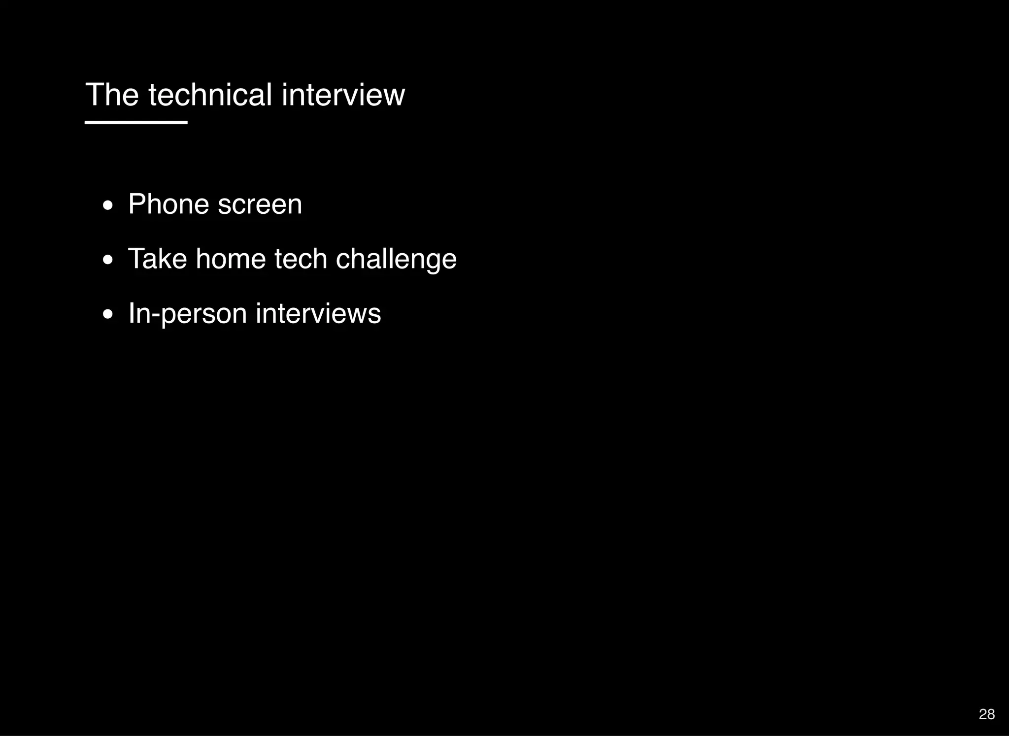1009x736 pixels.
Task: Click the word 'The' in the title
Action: [x=112, y=95]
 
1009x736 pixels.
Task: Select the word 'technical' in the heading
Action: [x=210, y=95]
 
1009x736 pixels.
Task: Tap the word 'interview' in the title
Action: [x=343, y=95]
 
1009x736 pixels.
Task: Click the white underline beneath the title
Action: [x=136, y=122]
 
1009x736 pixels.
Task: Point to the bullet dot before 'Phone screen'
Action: [x=108, y=205]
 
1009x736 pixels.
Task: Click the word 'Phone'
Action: [x=168, y=204]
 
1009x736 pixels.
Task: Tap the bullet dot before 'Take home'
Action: [x=108, y=260]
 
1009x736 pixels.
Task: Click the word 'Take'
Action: [x=157, y=259]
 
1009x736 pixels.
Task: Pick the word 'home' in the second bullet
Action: [x=231, y=259]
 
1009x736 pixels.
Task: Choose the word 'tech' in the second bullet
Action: [x=301, y=259]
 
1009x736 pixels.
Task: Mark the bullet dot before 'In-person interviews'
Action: [x=108, y=315]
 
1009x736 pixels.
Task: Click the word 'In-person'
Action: [x=187, y=314]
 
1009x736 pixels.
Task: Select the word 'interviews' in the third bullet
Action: [x=318, y=313]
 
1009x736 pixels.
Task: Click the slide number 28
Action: [x=986, y=714]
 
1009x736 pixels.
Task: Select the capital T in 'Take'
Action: [x=135, y=259]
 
